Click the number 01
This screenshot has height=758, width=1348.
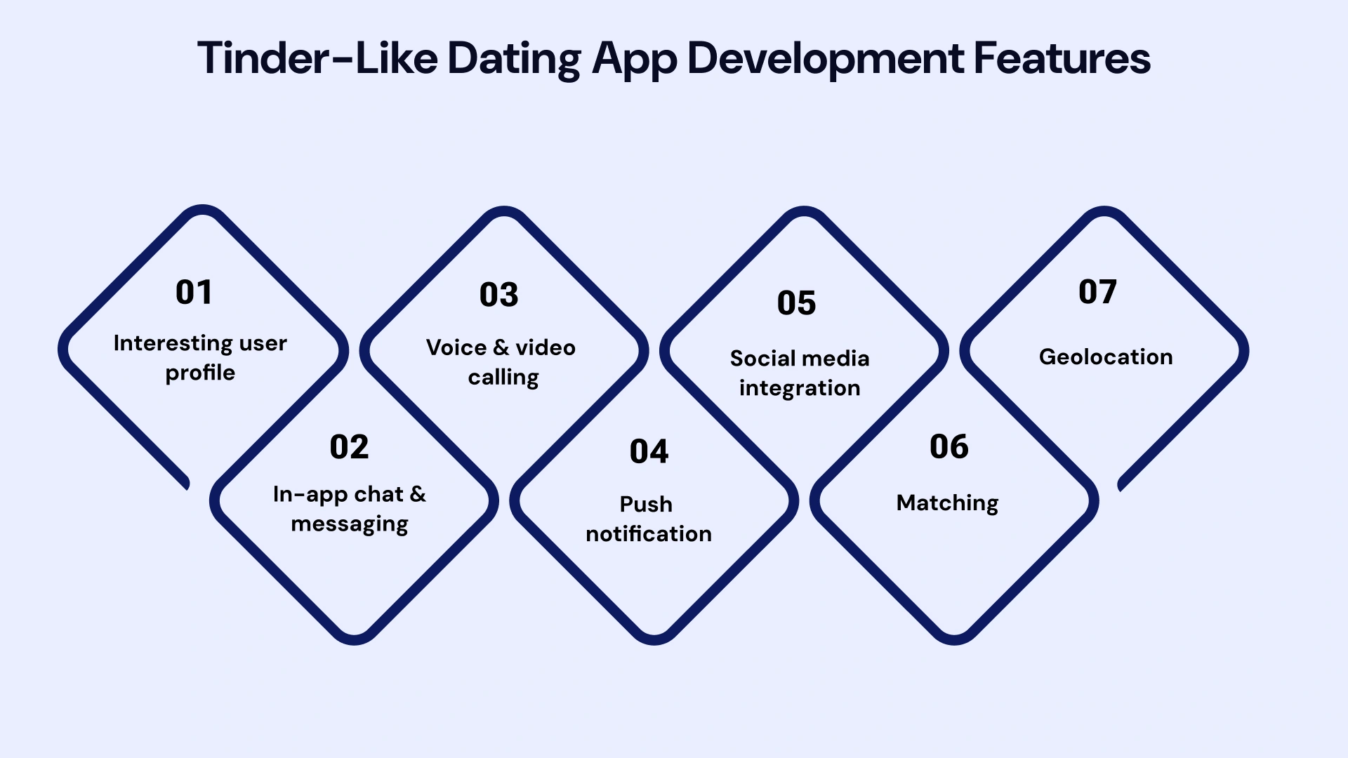click(x=194, y=292)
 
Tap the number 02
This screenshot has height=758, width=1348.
click(x=349, y=447)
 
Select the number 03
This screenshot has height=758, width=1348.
click(x=498, y=295)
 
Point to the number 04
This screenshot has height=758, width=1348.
click(x=649, y=451)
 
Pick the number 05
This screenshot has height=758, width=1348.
click(x=796, y=303)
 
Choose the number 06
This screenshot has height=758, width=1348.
click(x=949, y=447)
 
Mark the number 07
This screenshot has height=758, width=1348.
click(x=1097, y=292)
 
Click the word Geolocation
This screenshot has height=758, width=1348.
click(x=1106, y=357)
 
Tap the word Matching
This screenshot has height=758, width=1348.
click(x=947, y=503)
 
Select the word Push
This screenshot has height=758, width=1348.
click(x=646, y=505)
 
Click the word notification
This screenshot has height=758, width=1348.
click(x=649, y=534)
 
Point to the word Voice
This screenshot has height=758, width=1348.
click(x=456, y=347)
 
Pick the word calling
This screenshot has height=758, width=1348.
click(x=503, y=378)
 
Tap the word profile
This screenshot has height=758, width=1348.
click(x=200, y=373)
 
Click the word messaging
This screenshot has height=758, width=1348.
click(x=350, y=524)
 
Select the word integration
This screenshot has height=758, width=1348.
click(x=800, y=388)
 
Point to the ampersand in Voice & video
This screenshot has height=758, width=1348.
click(x=501, y=347)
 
